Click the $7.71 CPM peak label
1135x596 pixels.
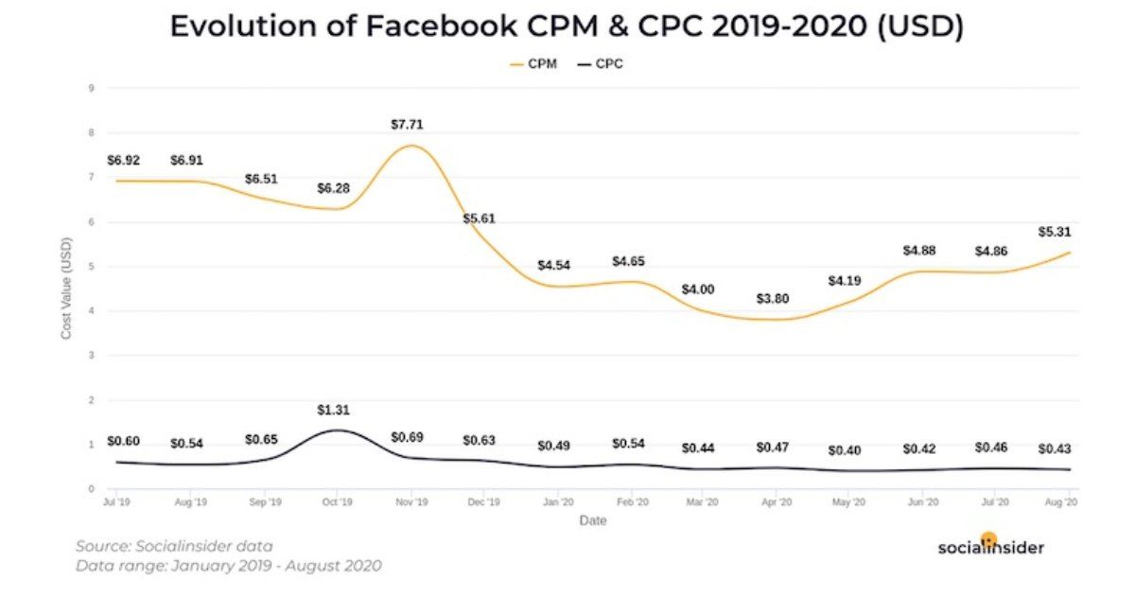(407, 124)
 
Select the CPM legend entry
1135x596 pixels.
(533, 64)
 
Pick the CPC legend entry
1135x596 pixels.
(600, 64)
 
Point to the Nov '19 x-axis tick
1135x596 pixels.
(410, 501)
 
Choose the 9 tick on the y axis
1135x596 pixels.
(91, 89)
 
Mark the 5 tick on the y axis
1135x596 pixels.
(91, 267)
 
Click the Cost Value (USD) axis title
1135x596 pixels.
(67, 289)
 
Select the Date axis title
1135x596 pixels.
(592, 520)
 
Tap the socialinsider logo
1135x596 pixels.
(990, 546)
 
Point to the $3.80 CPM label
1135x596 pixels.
(773, 299)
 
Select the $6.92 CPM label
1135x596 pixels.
(123, 160)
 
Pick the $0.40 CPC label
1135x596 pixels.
(845, 450)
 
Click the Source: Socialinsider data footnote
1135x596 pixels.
(174, 546)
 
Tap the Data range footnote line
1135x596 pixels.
(228, 566)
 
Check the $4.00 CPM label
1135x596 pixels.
(700, 289)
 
